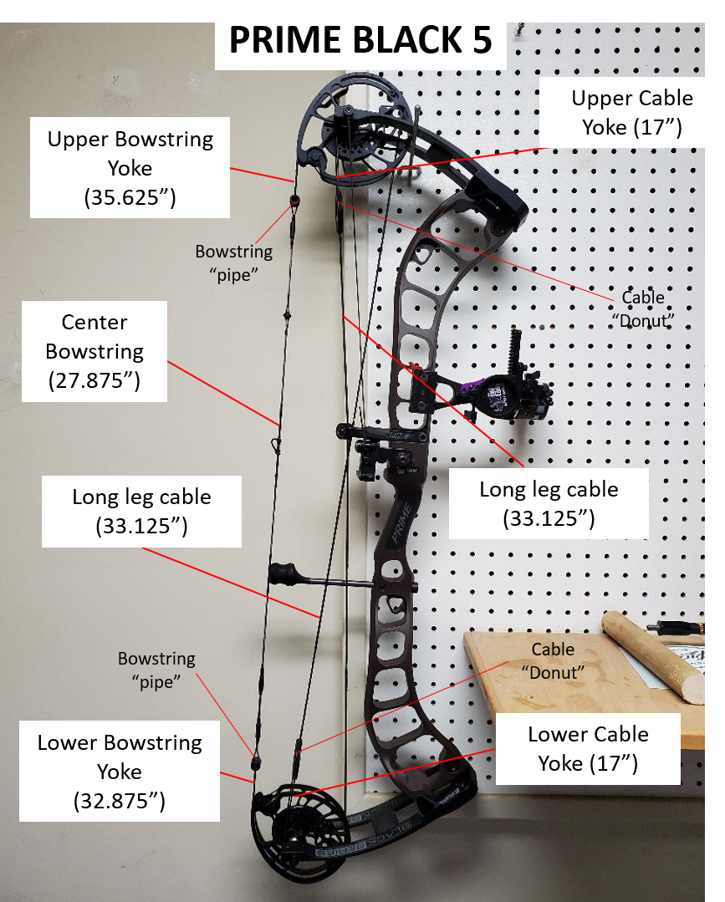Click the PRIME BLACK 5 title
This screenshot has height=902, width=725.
[x=360, y=38]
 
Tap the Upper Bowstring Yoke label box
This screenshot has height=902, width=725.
[x=130, y=168]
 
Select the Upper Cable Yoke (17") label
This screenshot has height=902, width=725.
[x=631, y=112]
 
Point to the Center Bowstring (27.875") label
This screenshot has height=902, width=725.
[x=94, y=351]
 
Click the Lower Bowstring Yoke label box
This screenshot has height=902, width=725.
[x=119, y=772]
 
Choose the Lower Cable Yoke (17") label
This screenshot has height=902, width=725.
[x=588, y=748]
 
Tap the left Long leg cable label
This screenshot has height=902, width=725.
[x=141, y=512]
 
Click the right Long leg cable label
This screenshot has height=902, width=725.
[x=549, y=503]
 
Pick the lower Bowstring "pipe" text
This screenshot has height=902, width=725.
[x=156, y=670]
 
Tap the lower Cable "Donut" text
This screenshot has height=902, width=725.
[x=553, y=660]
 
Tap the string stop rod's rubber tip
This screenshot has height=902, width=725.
[x=282, y=574]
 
